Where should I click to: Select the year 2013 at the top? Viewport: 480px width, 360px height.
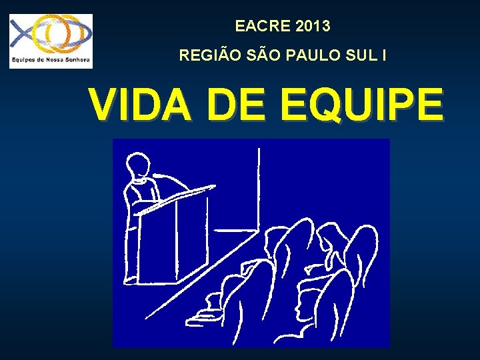click(x=312, y=27)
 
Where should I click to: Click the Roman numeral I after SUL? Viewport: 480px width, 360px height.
click(x=383, y=56)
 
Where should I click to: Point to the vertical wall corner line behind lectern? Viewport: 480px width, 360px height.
click(x=258, y=187)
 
